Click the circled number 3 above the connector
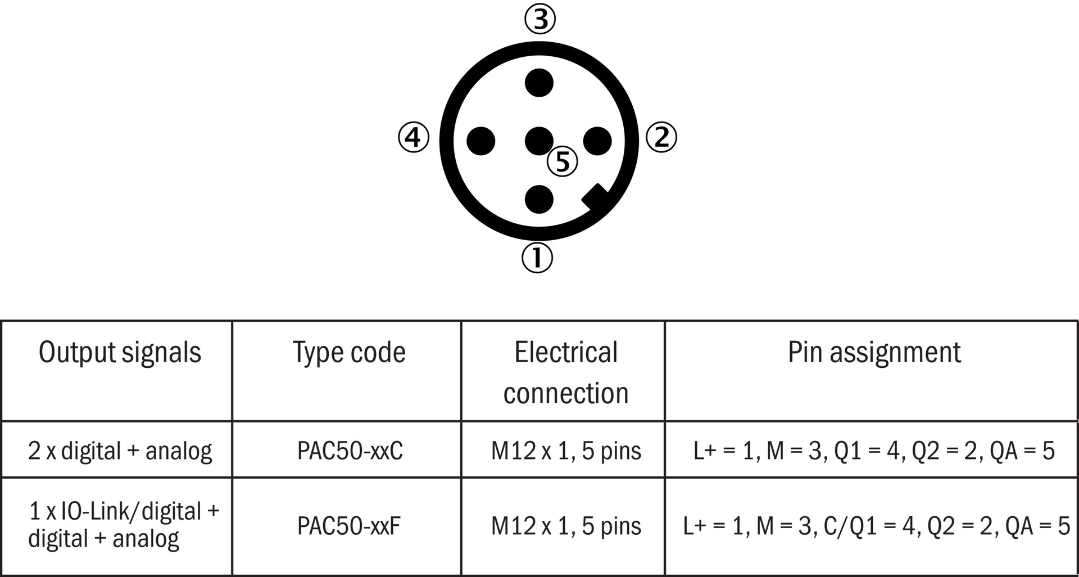pyautogui.click(x=540, y=19)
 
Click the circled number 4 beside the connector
pyautogui.click(x=414, y=137)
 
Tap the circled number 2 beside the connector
pyautogui.click(x=661, y=137)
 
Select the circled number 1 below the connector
pyautogui.click(x=538, y=258)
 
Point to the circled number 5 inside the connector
pyautogui.click(x=563, y=161)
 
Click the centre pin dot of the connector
pyautogui.click(x=538, y=140)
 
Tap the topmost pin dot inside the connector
pyautogui.click(x=539, y=83)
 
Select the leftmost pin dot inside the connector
pyautogui.click(x=481, y=141)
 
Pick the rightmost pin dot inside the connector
pyautogui.click(x=597, y=141)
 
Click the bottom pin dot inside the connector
pyautogui.click(x=539, y=199)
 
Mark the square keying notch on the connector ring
pyautogui.click(x=595, y=197)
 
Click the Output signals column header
pyautogui.click(x=120, y=353)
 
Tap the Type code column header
pyautogui.click(x=349, y=353)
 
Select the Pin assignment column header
pyautogui.click(x=874, y=353)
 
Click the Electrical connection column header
pyautogui.click(x=565, y=372)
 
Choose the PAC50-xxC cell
pyautogui.click(x=350, y=451)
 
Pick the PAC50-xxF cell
pyautogui.click(x=348, y=526)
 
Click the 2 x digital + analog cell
pyautogui.click(x=120, y=451)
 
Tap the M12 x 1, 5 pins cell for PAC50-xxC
pyautogui.click(x=565, y=451)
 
